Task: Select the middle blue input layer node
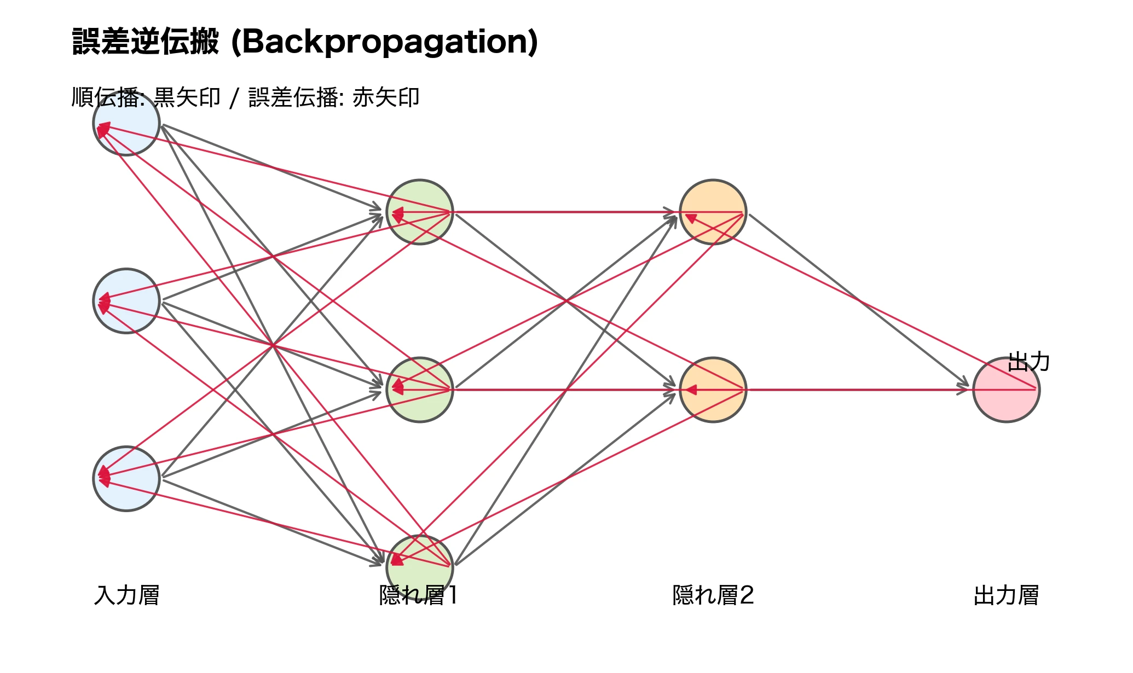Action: (126, 301)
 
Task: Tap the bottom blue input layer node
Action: (126, 479)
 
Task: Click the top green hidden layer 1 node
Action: (420, 212)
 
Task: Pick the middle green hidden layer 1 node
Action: (420, 390)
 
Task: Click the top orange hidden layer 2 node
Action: (713, 212)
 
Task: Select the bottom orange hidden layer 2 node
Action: (713, 390)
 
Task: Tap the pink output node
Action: (1007, 390)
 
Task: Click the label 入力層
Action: (126, 595)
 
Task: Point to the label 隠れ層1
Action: (419, 595)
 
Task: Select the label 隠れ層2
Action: (713, 595)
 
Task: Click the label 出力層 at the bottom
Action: (1007, 595)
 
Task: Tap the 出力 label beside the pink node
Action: (1028, 362)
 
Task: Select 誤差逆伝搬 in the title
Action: (146, 42)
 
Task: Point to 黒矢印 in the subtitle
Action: (187, 98)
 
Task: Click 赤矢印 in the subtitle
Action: (386, 98)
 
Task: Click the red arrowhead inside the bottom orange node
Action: (691, 390)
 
